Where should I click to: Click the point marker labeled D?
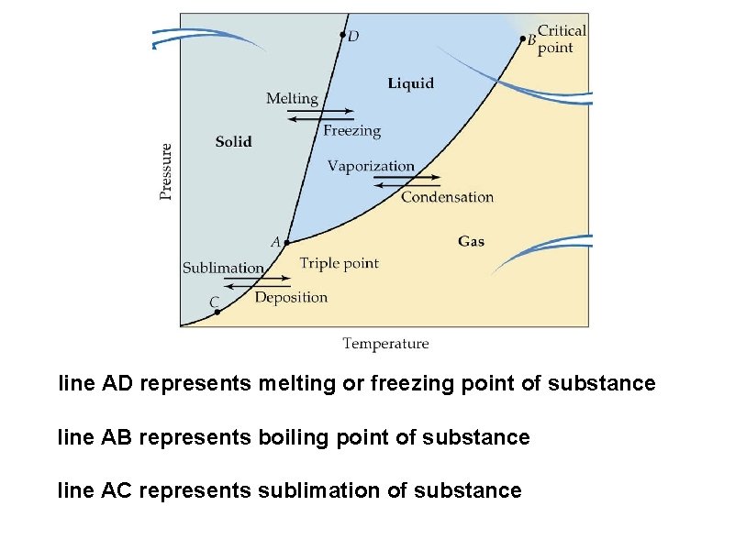pos(343,36)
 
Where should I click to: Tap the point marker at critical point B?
pos(523,38)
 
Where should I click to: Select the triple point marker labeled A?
pos(286,243)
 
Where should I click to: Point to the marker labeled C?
pos(217,312)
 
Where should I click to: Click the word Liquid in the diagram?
pos(410,83)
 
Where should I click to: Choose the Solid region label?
pos(233,141)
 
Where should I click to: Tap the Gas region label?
pos(471,241)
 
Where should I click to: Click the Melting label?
pos(292,98)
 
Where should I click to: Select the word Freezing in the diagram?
pos(351,130)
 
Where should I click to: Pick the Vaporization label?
pos(371,166)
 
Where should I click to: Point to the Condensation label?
pos(447,196)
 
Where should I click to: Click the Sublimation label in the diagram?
pos(223,268)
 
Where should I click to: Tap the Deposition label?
pos(291,297)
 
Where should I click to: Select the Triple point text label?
pos(339,263)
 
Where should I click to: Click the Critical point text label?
pos(561,39)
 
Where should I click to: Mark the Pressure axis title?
pos(166,170)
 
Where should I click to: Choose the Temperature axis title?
pos(385,344)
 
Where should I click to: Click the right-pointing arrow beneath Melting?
pos(320,111)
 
